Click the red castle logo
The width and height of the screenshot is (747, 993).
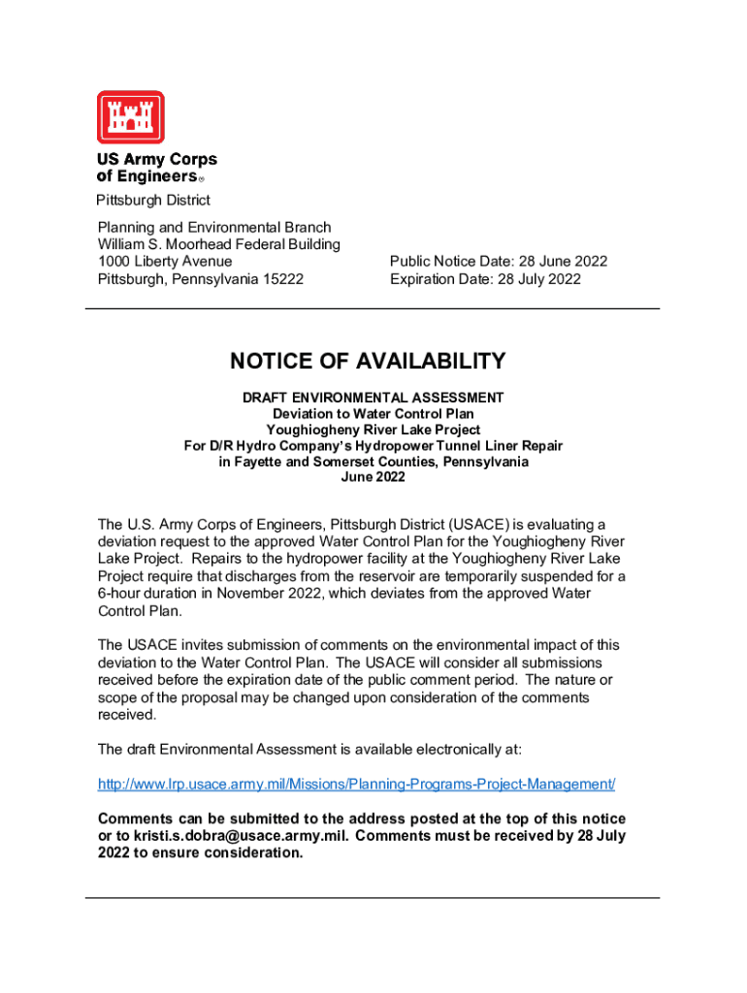[x=130, y=117]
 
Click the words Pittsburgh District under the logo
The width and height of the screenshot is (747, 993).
[x=152, y=201]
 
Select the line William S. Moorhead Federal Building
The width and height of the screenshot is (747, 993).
[x=218, y=244]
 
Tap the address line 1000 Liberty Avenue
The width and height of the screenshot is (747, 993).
[x=165, y=262]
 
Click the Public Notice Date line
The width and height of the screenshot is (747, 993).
[x=498, y=262]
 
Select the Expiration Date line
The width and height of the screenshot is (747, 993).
[x=485, y=279]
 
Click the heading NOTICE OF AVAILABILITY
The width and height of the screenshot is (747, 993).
[x=368, y=362]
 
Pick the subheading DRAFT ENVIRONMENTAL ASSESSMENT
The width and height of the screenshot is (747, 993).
[x=373, y=398]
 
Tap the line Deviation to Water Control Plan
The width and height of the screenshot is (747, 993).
[x=373, y=413]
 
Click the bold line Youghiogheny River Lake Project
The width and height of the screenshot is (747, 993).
[x=373, y=430]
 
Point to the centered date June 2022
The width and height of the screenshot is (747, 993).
[x=373, y=477]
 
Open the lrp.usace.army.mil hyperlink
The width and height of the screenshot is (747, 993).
[x=356, y=784]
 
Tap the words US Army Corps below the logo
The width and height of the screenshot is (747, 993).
[x=156, y=160]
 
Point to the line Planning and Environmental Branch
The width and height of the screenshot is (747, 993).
[x=213, y=227]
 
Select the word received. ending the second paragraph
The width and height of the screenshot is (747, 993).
[x=127, y=715]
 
